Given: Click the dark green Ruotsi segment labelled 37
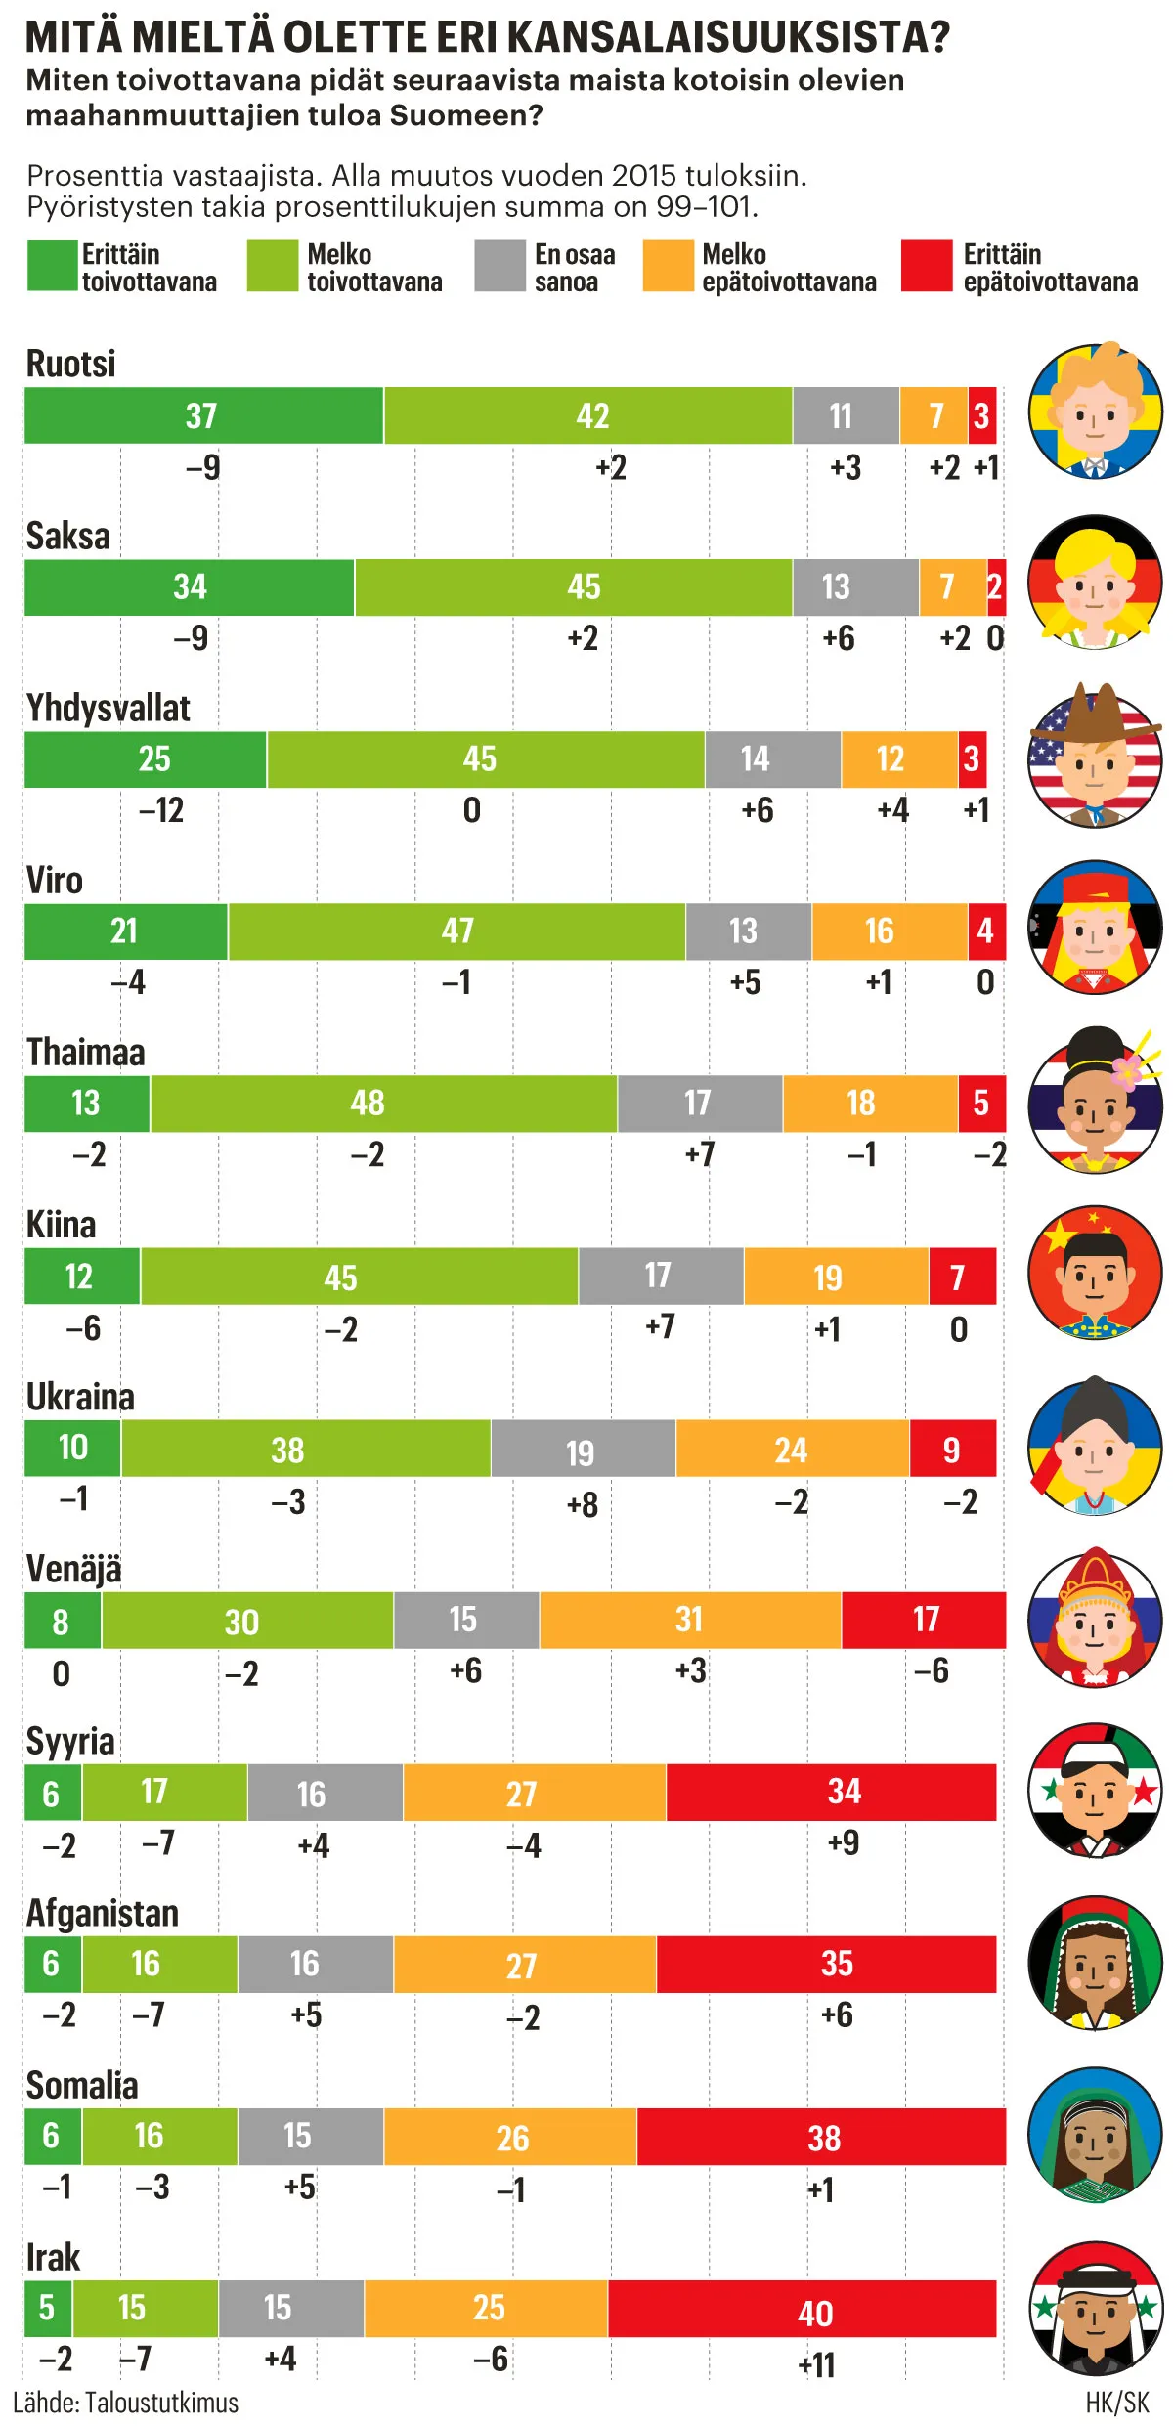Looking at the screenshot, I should (x=203, y=415).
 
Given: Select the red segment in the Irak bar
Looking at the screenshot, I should (x=802, y=2309).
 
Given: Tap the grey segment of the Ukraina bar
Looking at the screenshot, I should (x=583, y=1449).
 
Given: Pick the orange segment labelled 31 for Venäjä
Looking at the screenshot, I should (x=690, y=1620).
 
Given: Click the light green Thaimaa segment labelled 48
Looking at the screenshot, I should (x=383, y=1104).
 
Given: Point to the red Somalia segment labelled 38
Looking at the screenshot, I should (x=821, y=2137).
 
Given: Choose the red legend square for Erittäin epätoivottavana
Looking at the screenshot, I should (x=926, y=266).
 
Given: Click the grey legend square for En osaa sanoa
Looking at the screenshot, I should (x=500, y=266).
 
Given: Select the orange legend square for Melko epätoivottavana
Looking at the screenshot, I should (x=668, y=266).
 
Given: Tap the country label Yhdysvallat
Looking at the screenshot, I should (x=109, y=708).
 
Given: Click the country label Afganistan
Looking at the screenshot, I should (x=103, y=1913).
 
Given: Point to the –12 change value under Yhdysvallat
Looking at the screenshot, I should (x=161, y=810).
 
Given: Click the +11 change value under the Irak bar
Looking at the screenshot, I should (x=816, y=2365).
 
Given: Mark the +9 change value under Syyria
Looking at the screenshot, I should (x=844, y=1842).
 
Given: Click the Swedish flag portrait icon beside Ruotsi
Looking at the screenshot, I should (x=1095, y=412).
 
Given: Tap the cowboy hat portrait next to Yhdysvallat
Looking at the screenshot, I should (x=1095, y=757).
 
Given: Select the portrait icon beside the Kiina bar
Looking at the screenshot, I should (x=1095, y=1273).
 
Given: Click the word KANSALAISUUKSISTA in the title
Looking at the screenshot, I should (x=728, y=37).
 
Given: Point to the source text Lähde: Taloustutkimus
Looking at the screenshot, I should (x=125, y=2403).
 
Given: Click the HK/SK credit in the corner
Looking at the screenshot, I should (x=1117, y=2403).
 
